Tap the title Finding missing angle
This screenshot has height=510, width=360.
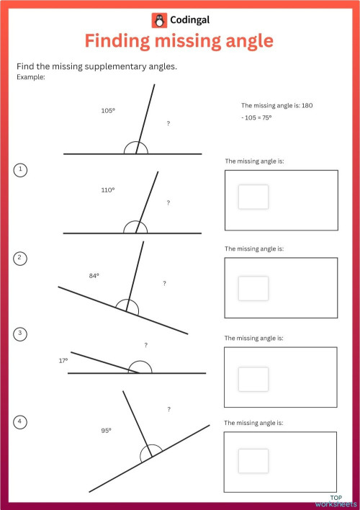(x=179, y=42)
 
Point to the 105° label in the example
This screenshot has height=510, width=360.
(x=108, y=111)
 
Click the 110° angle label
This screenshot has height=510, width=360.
(x=108, y=190)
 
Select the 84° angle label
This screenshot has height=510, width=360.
(x=94, y=275)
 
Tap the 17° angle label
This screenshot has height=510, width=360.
(x=63, y=360)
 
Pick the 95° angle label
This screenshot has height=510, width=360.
(x=106, y=430)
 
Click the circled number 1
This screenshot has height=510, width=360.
(x=21, y=170)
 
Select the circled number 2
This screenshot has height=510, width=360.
(x=21, y=258)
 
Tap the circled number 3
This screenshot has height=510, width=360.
(x=21, y=334)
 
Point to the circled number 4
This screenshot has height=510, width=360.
(x=21, y=421)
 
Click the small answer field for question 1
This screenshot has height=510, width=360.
(x=253, y=197)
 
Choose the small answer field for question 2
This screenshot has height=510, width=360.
(x=253, y=288)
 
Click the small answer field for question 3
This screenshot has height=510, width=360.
(x=253, y=379)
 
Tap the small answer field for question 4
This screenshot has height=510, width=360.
(x=253, y=461)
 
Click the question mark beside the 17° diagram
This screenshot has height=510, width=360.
(x=145, y=346)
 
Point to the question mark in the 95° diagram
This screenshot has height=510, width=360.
(x=168, y=409)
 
